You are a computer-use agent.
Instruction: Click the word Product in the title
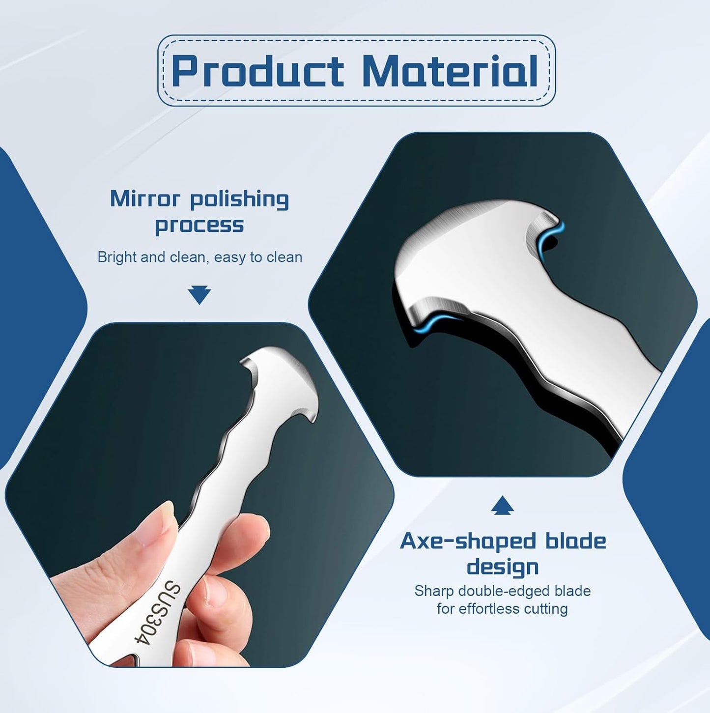click(x=257, y=71)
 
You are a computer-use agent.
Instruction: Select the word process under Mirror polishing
click(x=199, y=226)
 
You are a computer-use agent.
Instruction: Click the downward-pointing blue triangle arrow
click(x=199, y=295)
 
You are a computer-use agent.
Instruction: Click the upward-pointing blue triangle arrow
click(x=502, y=505)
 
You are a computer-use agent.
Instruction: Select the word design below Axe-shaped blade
click(x=503, y=567)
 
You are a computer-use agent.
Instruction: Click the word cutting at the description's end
click(x=547, y=609)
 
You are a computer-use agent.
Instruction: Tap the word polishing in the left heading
click(x=239, y=200)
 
